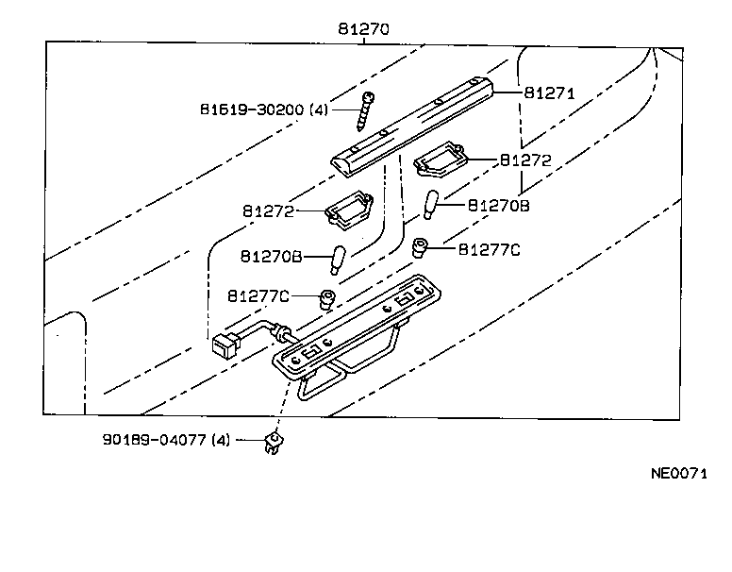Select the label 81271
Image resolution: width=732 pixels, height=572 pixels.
(x=550, y=93)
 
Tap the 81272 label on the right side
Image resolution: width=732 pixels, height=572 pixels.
(x=525, y=160)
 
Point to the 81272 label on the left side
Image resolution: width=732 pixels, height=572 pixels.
(x=270, y=211)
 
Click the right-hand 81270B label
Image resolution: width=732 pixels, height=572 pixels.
(x=499, y=205)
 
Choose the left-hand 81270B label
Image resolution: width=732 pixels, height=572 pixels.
(x=270, y=256)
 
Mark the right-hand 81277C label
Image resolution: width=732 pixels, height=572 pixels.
(x=489, y=249)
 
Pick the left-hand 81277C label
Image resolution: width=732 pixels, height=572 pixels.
(x=258, y=296)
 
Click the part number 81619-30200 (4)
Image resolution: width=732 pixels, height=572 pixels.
(x=263, y=109)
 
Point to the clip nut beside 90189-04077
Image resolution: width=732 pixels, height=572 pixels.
(x=275, y=441)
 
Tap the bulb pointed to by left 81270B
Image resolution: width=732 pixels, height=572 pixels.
(x=339, y=258)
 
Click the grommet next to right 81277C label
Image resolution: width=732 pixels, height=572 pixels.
(x=424, y=248)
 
